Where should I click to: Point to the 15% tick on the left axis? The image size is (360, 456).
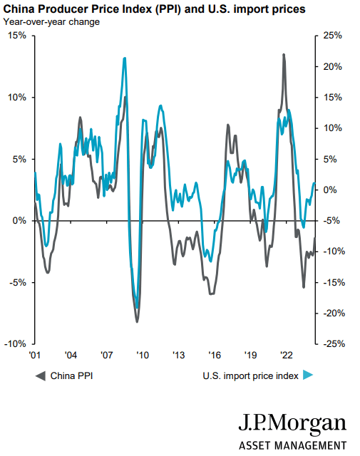pyautogui.click(x=17, y=36)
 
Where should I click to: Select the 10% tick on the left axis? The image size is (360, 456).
pyautogui.click(x=17, y=97)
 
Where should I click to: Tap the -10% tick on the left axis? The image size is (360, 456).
pyautogui.click(x=16, y=343)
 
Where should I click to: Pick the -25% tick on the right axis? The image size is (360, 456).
pyautogui.click(x=334, y=343)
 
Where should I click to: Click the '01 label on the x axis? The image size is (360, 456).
pyautogui.click(x=34, y=355)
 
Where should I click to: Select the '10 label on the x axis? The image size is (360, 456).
pyautogui.click(x=142, y=355)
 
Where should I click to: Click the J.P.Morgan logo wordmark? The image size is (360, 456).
pyautogui.click(x=292, y=425)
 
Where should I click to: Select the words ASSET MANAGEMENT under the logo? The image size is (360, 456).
pyautogui.click(x=292, y=445)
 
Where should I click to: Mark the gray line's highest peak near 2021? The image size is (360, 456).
pyautogui.click(x=284, y=55)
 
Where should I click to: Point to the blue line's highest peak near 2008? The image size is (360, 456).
pyautogui.click(x=125, y=58)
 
